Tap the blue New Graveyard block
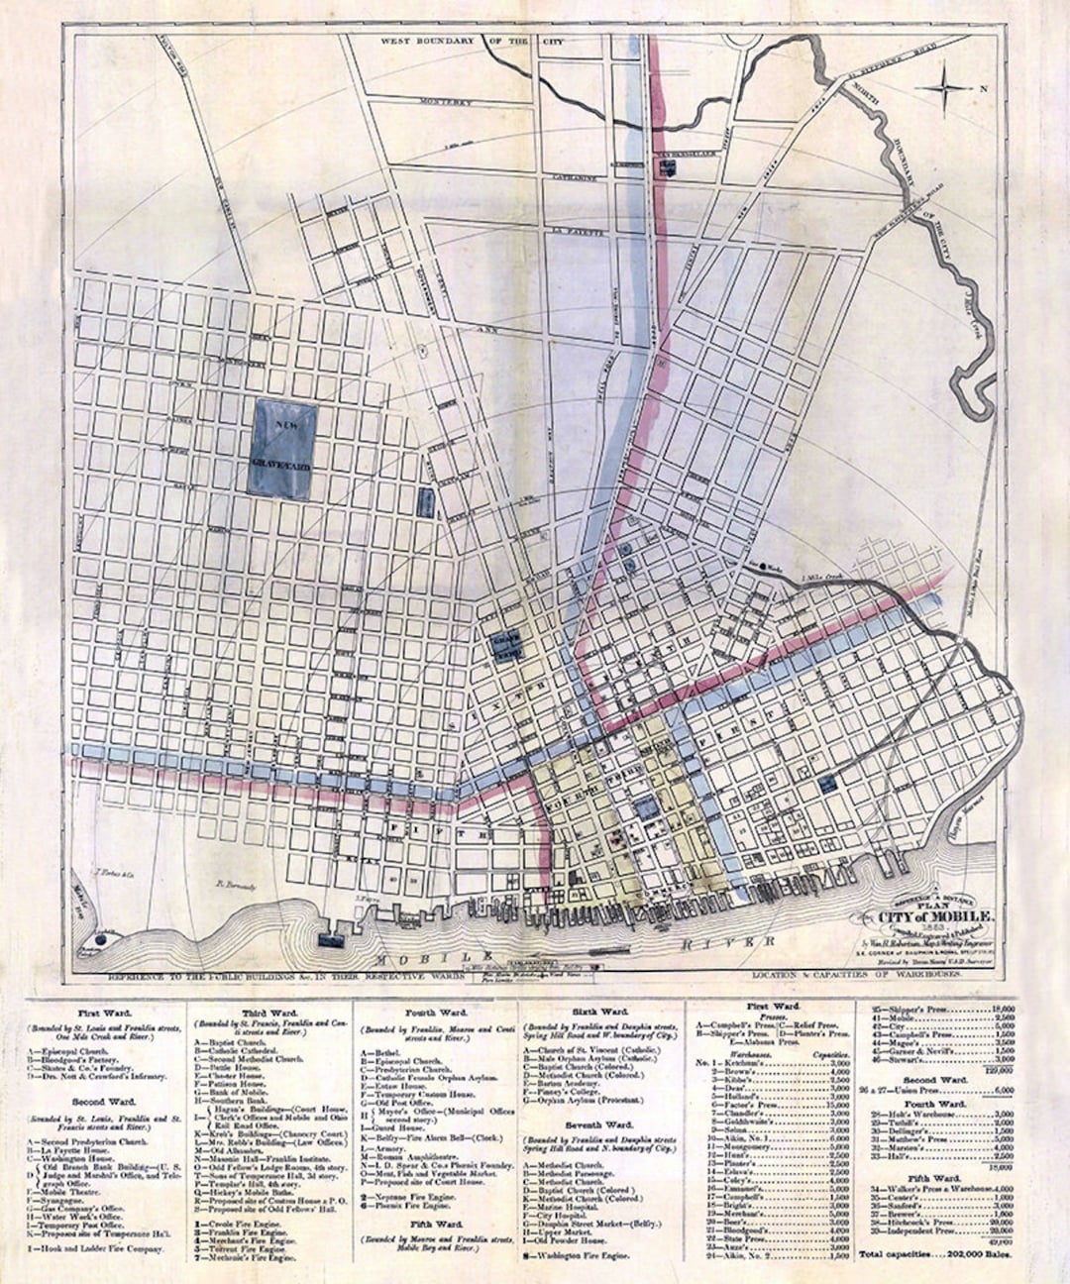tap(284, 448)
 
